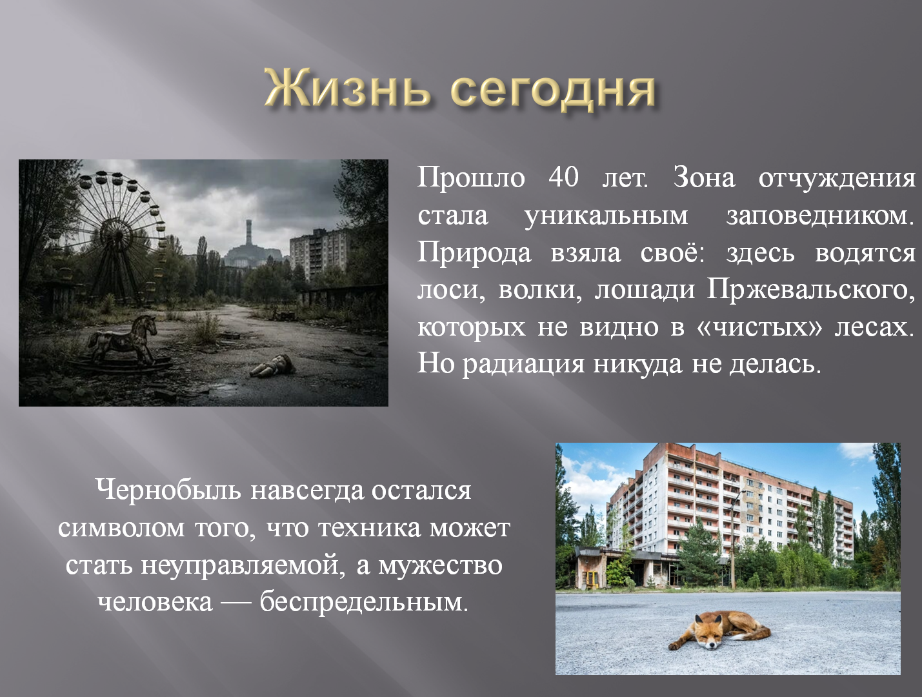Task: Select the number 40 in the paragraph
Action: tap(564, 177)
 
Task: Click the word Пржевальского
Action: tap(810, 290)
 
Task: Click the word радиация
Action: tap(524, 364)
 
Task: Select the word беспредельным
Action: tap(363, 602)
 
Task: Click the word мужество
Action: tap(440, 565)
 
